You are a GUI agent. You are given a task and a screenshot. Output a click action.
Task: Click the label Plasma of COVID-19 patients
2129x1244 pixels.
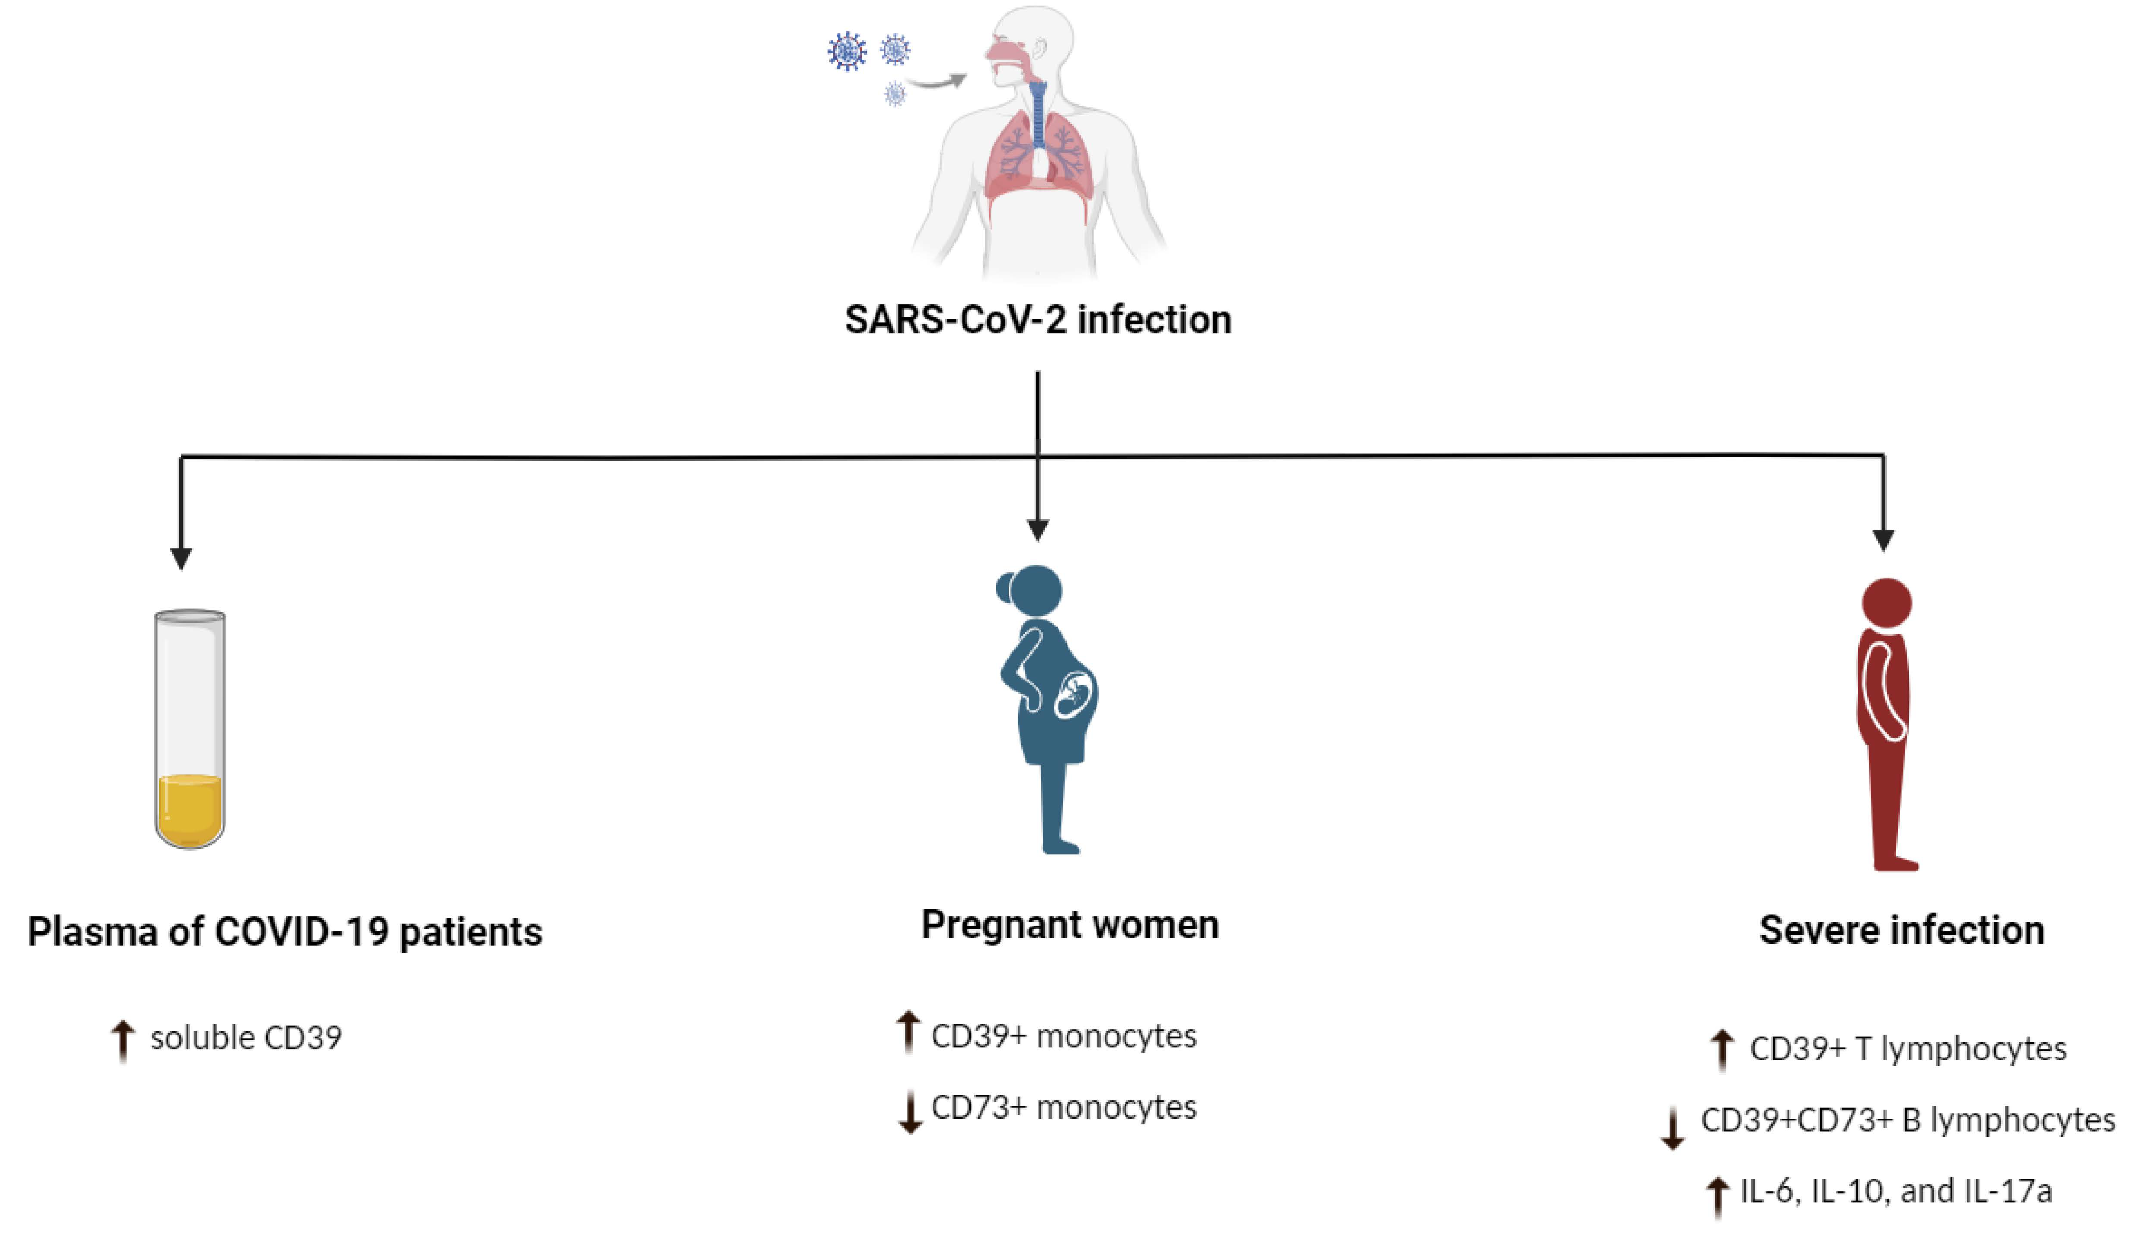click(x=285, y=931)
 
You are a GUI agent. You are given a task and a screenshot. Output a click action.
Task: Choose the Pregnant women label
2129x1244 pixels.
click(x=1069, y=925)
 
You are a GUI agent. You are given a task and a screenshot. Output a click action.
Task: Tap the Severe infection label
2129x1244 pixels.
click(x=1902, y=930)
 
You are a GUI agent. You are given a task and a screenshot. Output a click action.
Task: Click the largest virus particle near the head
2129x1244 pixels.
click(x=847, y=51)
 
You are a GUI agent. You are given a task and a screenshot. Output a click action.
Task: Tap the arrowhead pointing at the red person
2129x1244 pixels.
click(x=1883, y=540)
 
